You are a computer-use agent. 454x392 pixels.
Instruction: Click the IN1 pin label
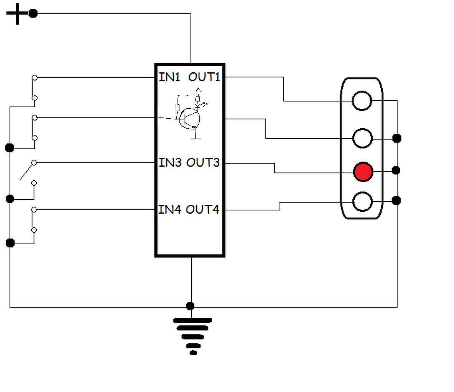(169, 77)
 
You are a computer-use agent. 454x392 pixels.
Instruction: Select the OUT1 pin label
(204, 77)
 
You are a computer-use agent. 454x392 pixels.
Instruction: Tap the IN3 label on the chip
(170, 163)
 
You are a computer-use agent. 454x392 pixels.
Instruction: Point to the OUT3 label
(203, 163)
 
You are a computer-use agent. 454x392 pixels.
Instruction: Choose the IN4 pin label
(170, 209)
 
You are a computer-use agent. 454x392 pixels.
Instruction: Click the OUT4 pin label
(202, 209)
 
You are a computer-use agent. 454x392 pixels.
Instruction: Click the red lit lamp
(363, 172)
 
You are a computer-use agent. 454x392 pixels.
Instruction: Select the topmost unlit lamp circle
(362, 101)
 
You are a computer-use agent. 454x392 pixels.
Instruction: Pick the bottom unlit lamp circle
(362, 201)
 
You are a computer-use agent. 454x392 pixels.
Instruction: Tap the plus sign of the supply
(17, 14)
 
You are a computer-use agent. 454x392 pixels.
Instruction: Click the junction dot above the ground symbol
(190, 306)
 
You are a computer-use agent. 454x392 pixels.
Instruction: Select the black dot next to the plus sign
(33, 14)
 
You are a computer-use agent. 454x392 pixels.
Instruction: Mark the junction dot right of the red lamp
(396, 170)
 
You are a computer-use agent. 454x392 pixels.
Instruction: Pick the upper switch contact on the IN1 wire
(35, 78)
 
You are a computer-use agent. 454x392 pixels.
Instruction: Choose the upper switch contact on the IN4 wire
(34, 209)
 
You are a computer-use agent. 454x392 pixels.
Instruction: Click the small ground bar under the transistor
(196, 139)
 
